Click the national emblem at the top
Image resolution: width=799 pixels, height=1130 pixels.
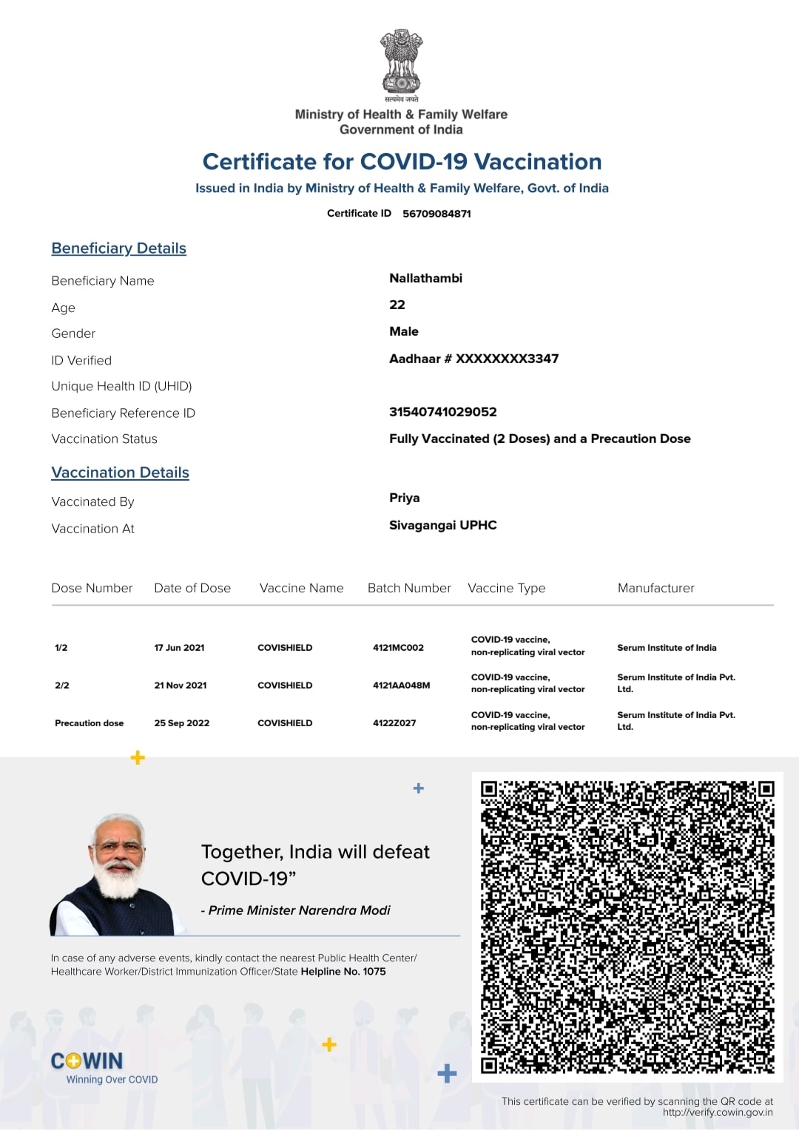[x=401, y=65]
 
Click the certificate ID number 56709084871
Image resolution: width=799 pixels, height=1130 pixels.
[x=436, y=214]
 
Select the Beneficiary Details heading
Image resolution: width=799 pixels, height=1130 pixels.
[x=118, y=248]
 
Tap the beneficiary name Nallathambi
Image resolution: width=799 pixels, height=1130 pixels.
[x=425, y=278]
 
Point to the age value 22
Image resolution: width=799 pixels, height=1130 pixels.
[x=397, y=305]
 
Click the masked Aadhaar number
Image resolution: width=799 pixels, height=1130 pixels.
[x=473, y=359]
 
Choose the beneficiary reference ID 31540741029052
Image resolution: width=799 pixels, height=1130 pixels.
[x=442, y=412]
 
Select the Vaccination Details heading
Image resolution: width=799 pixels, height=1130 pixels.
[x=120, y=473]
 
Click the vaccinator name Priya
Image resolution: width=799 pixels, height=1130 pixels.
[x=404, y=498]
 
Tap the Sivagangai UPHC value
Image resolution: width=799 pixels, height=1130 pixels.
[x=442, y=525]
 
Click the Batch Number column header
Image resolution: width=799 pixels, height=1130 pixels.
[x=409, y=588]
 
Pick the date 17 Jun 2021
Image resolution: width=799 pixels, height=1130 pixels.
[x=179, y=648]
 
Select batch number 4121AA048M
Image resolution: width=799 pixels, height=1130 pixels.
[x=401, y=686]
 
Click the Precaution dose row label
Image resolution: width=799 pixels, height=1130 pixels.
[x=89, y=723]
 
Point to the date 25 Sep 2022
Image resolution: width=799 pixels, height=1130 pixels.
[x=181, y=723]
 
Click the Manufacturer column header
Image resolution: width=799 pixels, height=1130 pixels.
[x=655, y=588]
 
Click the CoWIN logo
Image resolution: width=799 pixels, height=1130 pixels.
[x=87, y=1061]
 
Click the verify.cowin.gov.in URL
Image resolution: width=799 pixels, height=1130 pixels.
[x=717, y=1112]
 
